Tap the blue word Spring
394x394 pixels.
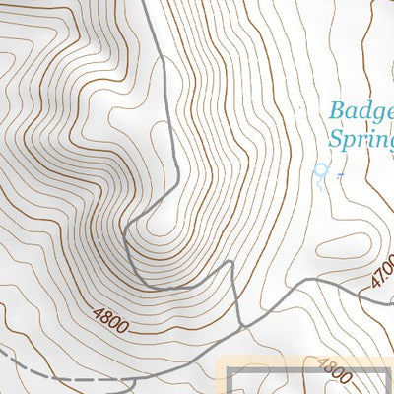tap(361, 138)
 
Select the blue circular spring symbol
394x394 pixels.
tap(318, 171)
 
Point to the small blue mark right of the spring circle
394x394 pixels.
tap(339, 175)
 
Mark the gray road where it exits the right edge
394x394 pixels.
tap(391, 293)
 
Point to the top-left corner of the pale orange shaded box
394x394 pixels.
tap(218, 356)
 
